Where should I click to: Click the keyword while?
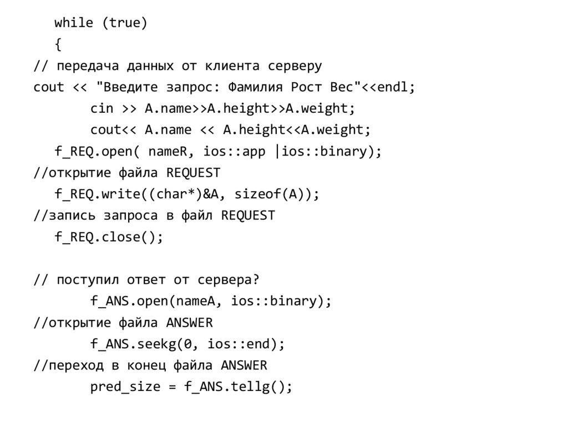click(74, 23)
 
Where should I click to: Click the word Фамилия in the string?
click(257, 88)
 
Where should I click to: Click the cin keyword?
click(102, 109)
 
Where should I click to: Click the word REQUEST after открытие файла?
click(193, 173)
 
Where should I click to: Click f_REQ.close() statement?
click(109, 237)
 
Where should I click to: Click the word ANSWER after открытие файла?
click(189, 323)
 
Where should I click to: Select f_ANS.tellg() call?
click(238, 387)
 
